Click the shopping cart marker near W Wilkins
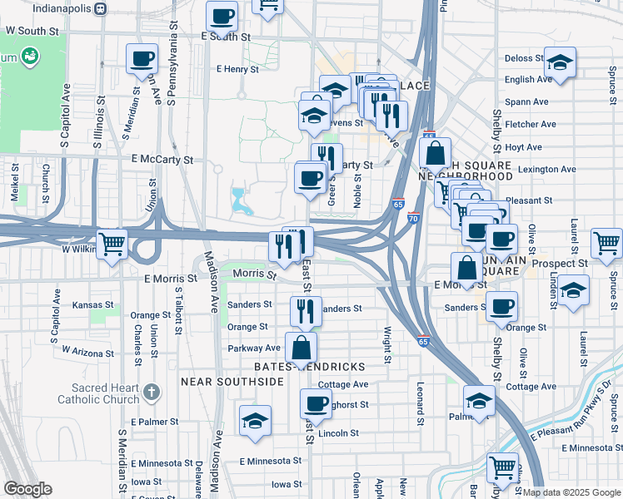(x=112, y=245)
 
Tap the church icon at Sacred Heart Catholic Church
(x=151, y=390)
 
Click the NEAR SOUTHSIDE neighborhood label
(x=232, y=381)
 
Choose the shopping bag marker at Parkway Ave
(x=302, y=347)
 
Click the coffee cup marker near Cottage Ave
(x=315, y=404)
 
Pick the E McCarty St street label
(x=162, y=159)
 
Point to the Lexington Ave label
(x=546, y=170)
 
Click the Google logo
(x=28, y=488)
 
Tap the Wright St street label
(x=387, y=345)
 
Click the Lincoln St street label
(x=338, y=433)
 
